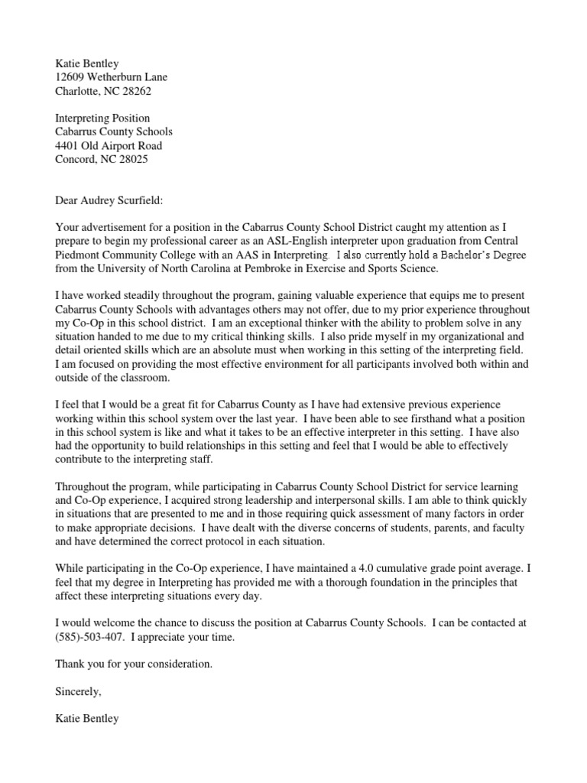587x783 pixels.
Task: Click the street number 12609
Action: [x=71, y=77]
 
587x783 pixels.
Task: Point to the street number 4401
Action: [x=68, y=146]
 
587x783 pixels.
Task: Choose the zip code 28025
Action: [x=132, y=160]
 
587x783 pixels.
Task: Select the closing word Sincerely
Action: [x=77, y=691]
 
